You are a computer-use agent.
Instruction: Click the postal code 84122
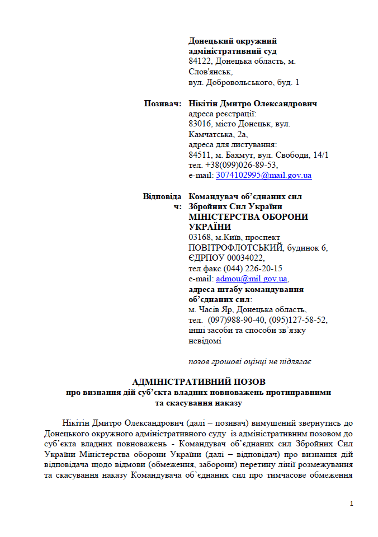[200, 61]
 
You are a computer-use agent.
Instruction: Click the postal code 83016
[200, 124]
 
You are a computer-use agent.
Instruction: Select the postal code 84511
[200, 155]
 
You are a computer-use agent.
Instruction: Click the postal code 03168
[200, 238]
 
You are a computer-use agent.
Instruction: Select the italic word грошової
[229, 361]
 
